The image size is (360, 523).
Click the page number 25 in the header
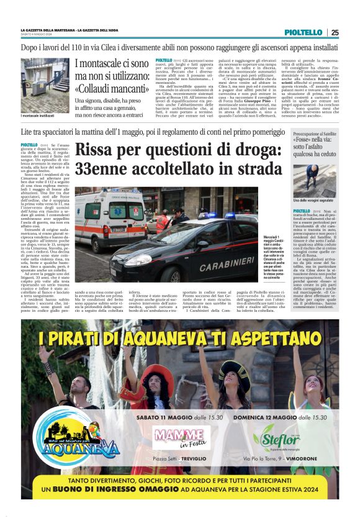click(x=335, y=32)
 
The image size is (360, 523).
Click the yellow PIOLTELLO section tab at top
click(x=304, y=32)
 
